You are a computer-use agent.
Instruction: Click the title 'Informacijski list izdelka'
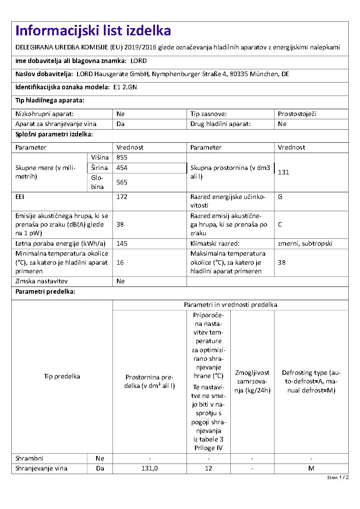tap(93, 31)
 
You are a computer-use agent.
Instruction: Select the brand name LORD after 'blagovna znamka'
tap(138, 61)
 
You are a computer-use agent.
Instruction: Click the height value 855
tap(122, 157)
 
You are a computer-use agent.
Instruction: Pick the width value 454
tap(122, 168)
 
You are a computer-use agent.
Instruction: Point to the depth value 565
tap(122, 182)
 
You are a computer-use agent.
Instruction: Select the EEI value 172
tap(122, 197)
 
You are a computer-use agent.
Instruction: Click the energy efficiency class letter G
tap(280, 197)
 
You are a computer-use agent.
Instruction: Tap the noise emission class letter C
tap(280, 224)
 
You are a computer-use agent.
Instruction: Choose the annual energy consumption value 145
tap(122, 243)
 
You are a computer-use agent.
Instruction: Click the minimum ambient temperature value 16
tap(120, 262)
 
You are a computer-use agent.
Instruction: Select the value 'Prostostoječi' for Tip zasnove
tap(297, 114)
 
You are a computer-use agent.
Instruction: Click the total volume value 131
tap(283, 172)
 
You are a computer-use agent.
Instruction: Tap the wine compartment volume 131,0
tap(150, 468)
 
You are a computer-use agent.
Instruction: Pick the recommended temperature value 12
tap(208, 468)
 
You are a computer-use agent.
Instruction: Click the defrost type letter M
tap(311, 468)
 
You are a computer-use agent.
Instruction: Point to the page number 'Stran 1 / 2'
tap(338, 478)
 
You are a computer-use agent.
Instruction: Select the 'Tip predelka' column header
tap(62, 376)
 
